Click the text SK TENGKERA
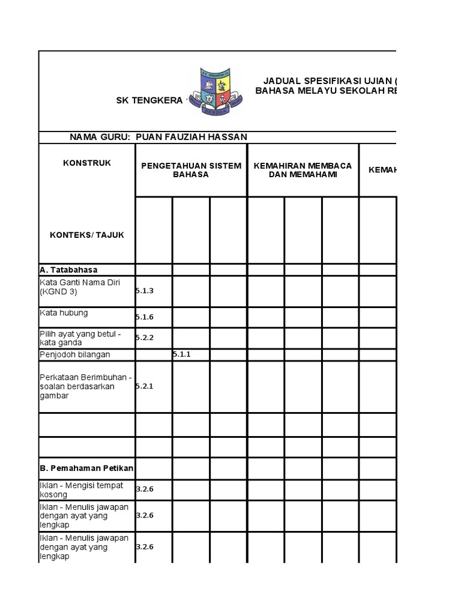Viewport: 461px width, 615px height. [149, 100]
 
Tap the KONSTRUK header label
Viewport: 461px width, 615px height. [87, 163]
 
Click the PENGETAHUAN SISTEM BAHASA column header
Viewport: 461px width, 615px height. [191, 170]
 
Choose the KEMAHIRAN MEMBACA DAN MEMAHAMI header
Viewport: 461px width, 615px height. [303, 170]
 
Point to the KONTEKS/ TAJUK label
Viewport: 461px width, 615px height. [87, 235]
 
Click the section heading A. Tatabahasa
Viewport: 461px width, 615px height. [68, 270]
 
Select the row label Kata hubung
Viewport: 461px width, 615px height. [64, 313]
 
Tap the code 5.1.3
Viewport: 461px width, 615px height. [145, 291]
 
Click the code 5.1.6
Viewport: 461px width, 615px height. [145, 317]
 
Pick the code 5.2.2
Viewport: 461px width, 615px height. [145, 338]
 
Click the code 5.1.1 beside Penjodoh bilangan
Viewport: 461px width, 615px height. [181, 354]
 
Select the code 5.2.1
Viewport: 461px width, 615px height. [145, 386]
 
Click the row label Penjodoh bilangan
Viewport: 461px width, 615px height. [75, 354]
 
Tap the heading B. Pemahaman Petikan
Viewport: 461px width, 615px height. [87, 468]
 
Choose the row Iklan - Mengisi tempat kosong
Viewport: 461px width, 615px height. [81, 489]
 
